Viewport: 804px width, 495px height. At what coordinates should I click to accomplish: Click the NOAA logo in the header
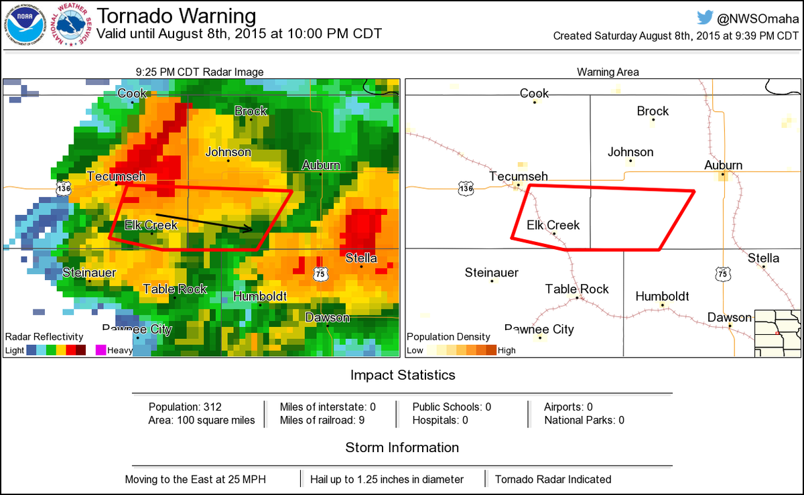(x=25, y=25)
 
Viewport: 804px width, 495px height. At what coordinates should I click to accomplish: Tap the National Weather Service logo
(x=73, y=25)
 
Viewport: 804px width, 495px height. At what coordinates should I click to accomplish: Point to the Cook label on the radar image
(x=132, y=94)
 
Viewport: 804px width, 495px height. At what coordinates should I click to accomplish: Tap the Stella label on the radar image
(x=361, y=258)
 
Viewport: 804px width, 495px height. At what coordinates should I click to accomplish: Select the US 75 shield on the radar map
(x=321, y=274)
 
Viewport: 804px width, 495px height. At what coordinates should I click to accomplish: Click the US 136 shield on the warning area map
(x=466, y=189)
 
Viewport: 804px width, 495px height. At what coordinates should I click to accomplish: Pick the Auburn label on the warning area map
(x=723, y=165)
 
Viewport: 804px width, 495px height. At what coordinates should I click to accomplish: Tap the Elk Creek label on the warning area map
(x=553, y=225)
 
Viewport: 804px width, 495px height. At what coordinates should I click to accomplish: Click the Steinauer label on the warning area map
(x=492, y=273)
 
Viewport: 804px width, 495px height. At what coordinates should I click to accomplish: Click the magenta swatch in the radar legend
(x=101, y=350)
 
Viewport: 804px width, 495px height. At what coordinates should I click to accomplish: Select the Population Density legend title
(x=448, y=337)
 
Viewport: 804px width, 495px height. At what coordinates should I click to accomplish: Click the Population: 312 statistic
(x=185, y=407)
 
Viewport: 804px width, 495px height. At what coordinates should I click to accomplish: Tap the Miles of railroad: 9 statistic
(x=323, y=420)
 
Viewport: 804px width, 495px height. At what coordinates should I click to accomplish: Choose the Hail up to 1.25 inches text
(x=387, y=479)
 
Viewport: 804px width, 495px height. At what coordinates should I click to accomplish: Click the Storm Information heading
(x=402, y=447)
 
